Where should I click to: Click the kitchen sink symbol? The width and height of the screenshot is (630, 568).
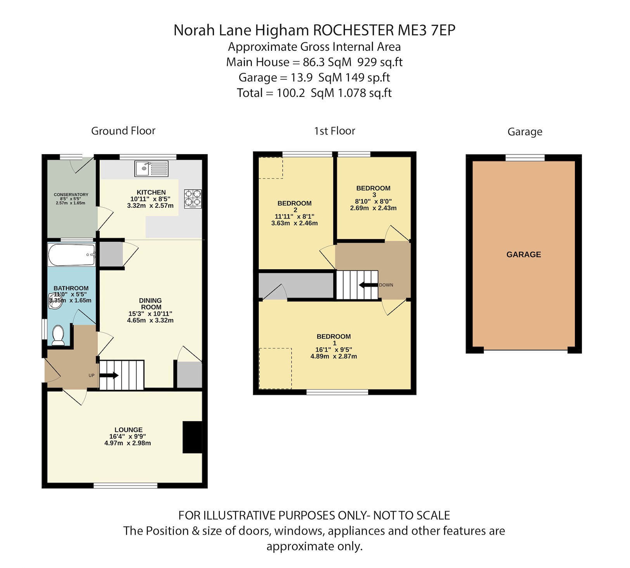151,169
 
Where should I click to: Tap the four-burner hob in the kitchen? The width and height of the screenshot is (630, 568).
193,198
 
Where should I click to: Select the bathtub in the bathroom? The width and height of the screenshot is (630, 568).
71,255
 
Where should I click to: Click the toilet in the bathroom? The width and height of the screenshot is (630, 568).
58,335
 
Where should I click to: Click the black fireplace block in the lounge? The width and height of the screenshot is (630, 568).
192,437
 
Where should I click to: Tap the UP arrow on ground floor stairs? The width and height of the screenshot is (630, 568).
109,375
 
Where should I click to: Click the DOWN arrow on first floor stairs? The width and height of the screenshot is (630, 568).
369,285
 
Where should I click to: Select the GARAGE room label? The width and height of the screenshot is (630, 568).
523,255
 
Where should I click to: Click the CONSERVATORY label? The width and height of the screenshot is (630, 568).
71,194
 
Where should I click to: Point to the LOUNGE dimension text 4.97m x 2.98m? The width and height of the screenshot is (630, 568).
128,443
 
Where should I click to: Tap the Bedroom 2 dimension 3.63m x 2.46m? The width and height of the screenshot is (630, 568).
294,223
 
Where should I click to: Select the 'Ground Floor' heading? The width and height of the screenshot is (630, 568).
123,131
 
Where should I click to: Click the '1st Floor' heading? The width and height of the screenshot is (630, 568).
334,131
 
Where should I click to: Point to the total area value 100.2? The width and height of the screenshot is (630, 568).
291,93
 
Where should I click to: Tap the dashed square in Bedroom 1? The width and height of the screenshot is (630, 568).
275,368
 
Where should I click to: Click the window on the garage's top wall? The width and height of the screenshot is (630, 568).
525,157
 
